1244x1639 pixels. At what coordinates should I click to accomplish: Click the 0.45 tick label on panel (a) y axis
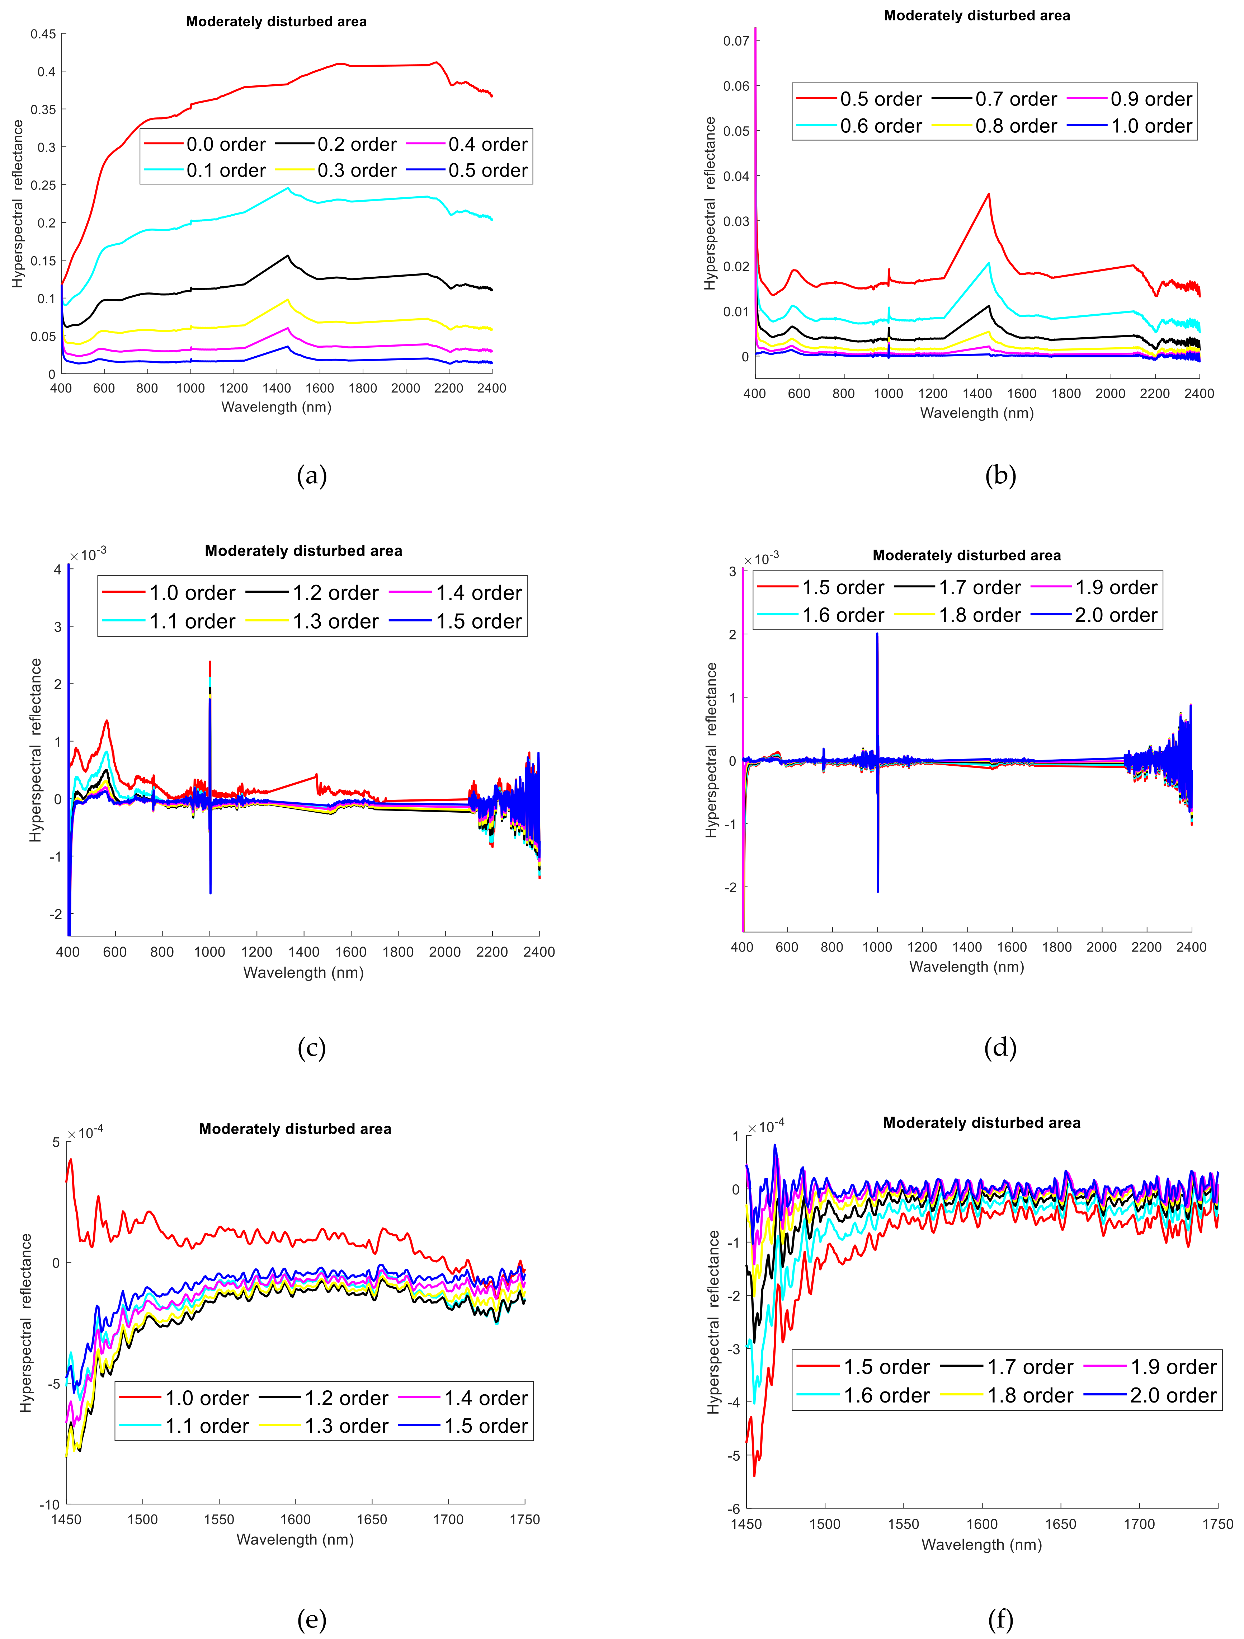pos(43,34)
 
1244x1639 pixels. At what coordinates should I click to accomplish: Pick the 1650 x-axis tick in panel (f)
pos(1060,1524)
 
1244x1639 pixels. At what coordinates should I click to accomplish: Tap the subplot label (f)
pos(1000,1620)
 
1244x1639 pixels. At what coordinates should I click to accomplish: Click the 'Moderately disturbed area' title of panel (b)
pos(976,15)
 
